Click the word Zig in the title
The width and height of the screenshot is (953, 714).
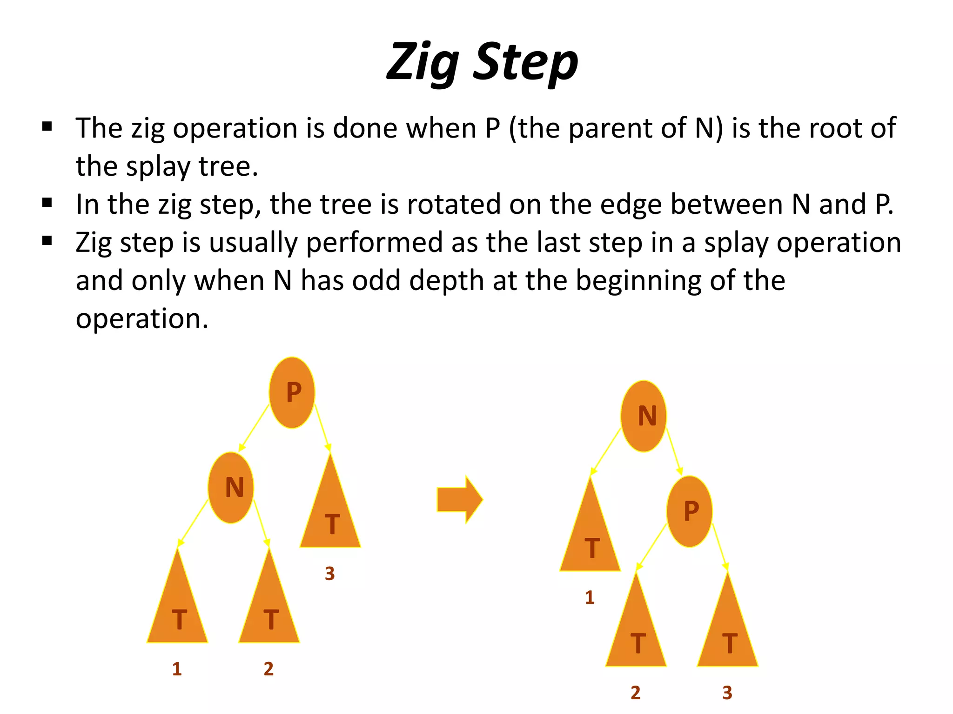(423, 63)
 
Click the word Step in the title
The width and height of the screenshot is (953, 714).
(525, 63)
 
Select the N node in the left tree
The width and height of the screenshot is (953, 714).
(231, 488)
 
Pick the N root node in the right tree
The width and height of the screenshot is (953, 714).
(644, 416)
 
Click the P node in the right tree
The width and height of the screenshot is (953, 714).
(690, 511)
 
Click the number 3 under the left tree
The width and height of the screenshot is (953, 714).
(330, 574)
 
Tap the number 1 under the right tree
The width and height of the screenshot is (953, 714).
(590, 597)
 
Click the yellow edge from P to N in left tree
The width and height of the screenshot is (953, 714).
(254, 428)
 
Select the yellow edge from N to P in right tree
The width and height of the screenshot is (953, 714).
(674, 451)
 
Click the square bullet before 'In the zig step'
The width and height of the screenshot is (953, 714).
(47, 203)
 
